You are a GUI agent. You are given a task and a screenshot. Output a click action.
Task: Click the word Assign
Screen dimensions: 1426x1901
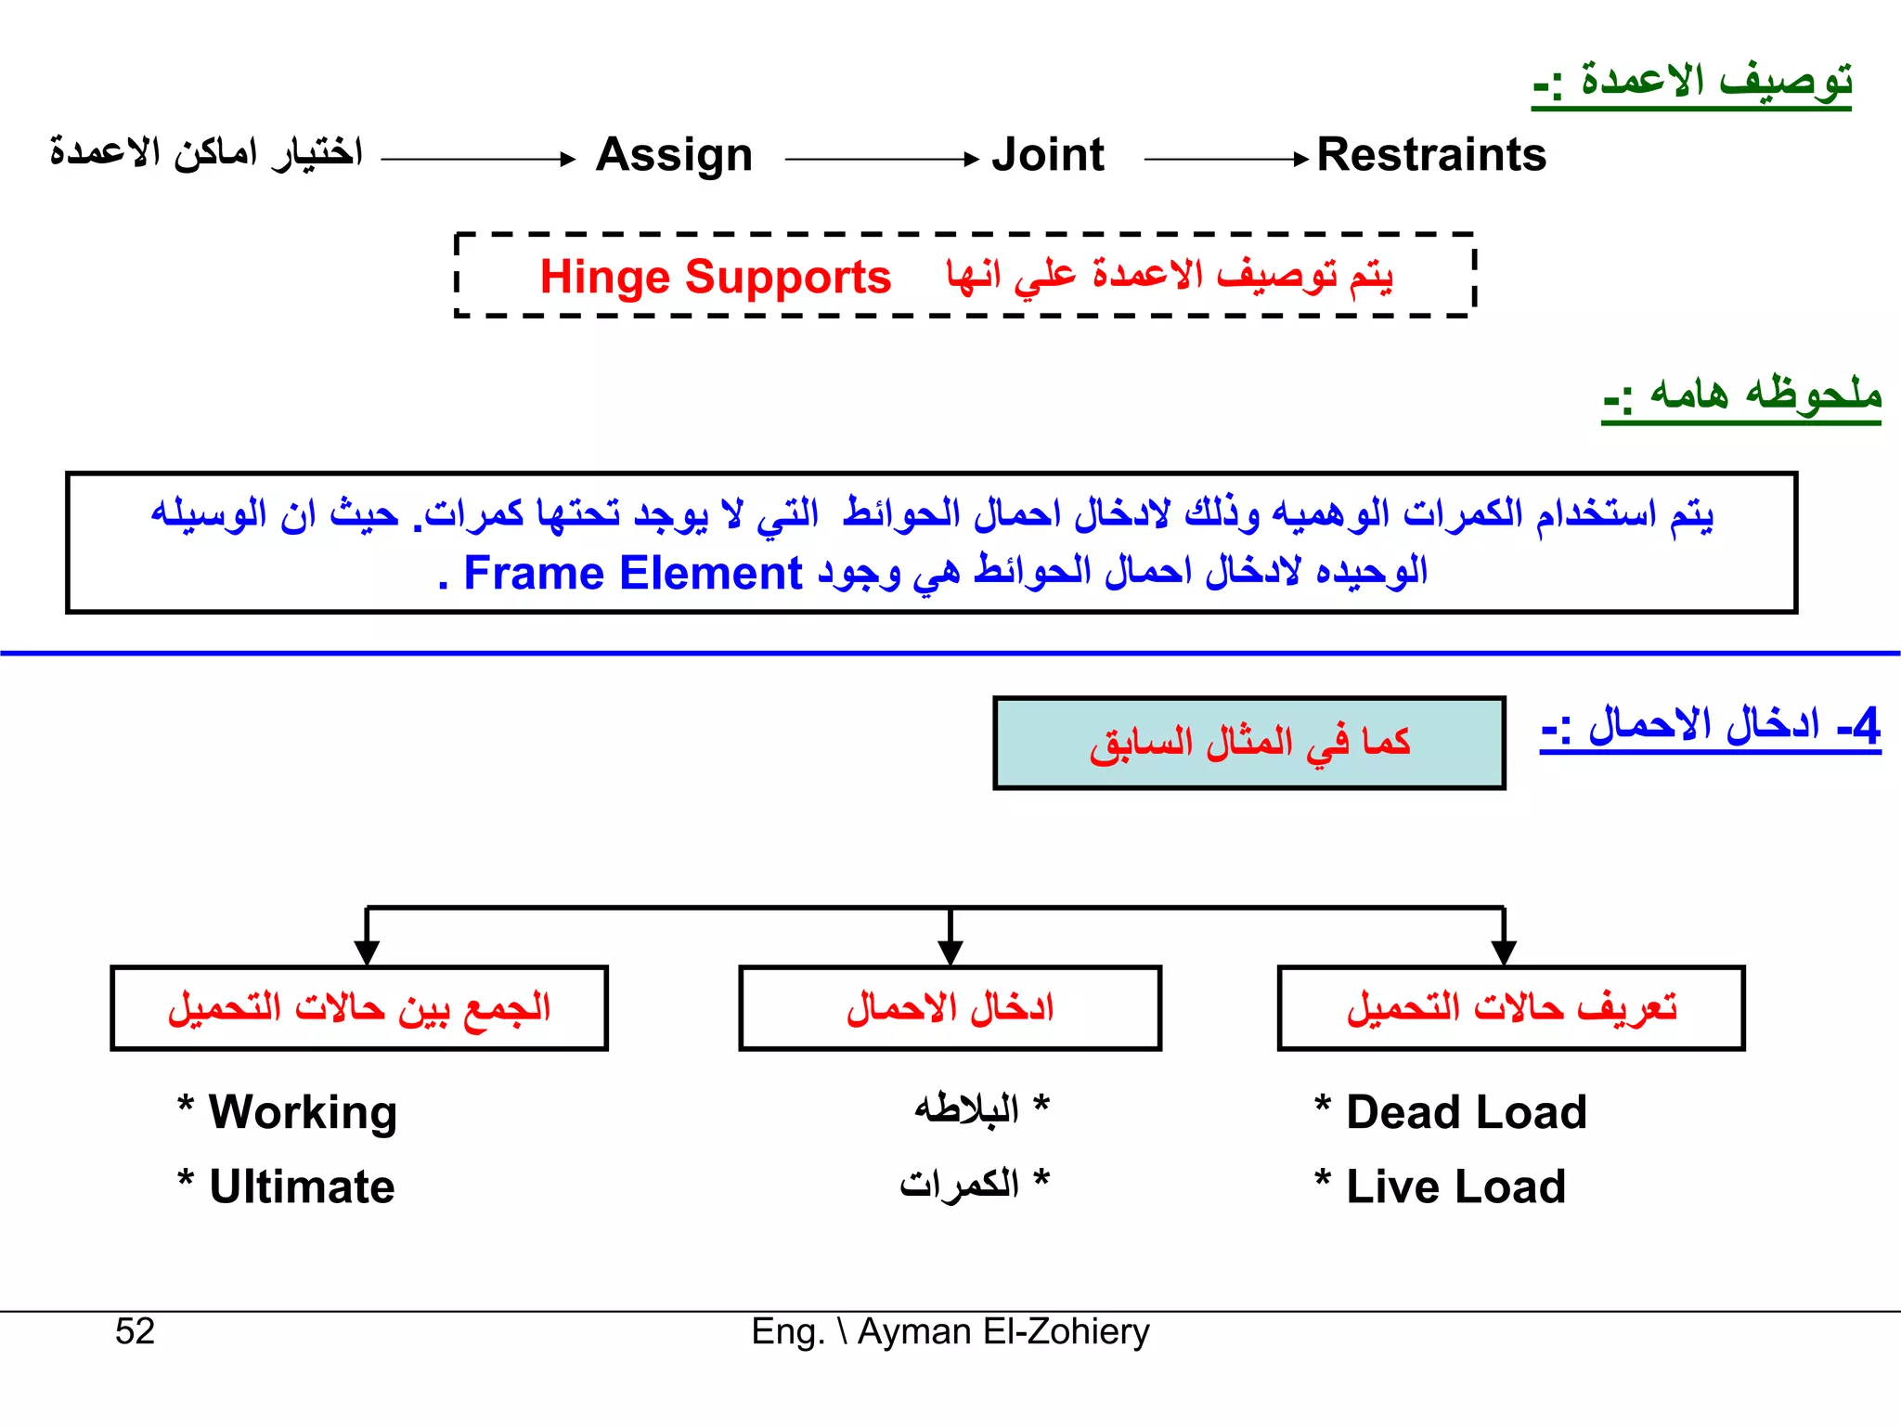674,155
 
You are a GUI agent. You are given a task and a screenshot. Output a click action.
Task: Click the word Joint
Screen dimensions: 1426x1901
1048,155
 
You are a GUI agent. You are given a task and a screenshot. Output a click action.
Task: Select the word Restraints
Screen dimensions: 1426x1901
1431,155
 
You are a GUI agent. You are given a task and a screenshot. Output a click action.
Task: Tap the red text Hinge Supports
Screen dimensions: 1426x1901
715,278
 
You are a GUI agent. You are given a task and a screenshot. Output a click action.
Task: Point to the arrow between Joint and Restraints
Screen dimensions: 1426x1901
1225,160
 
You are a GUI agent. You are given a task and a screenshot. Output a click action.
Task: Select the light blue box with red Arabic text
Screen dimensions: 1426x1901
1248,743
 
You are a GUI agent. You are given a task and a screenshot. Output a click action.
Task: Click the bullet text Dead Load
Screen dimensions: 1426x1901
1466,1112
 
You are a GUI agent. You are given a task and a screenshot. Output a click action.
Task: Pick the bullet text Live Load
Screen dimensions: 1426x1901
1455,1186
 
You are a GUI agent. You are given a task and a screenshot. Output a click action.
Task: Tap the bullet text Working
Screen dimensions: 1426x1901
303,1112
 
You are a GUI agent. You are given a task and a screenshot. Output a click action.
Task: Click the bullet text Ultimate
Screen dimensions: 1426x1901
302,1186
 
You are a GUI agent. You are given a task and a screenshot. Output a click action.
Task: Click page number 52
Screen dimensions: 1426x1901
135,1331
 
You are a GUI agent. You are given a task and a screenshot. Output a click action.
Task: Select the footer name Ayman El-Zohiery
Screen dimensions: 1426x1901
1002,1331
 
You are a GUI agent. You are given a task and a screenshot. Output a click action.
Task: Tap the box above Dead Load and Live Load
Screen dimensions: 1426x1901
1510,1008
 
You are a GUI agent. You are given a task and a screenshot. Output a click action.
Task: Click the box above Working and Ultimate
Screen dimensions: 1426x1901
358,1008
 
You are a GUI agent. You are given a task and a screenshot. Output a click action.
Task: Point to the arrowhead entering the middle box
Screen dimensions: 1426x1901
950,953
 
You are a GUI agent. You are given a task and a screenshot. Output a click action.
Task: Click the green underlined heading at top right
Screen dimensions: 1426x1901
1691,82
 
